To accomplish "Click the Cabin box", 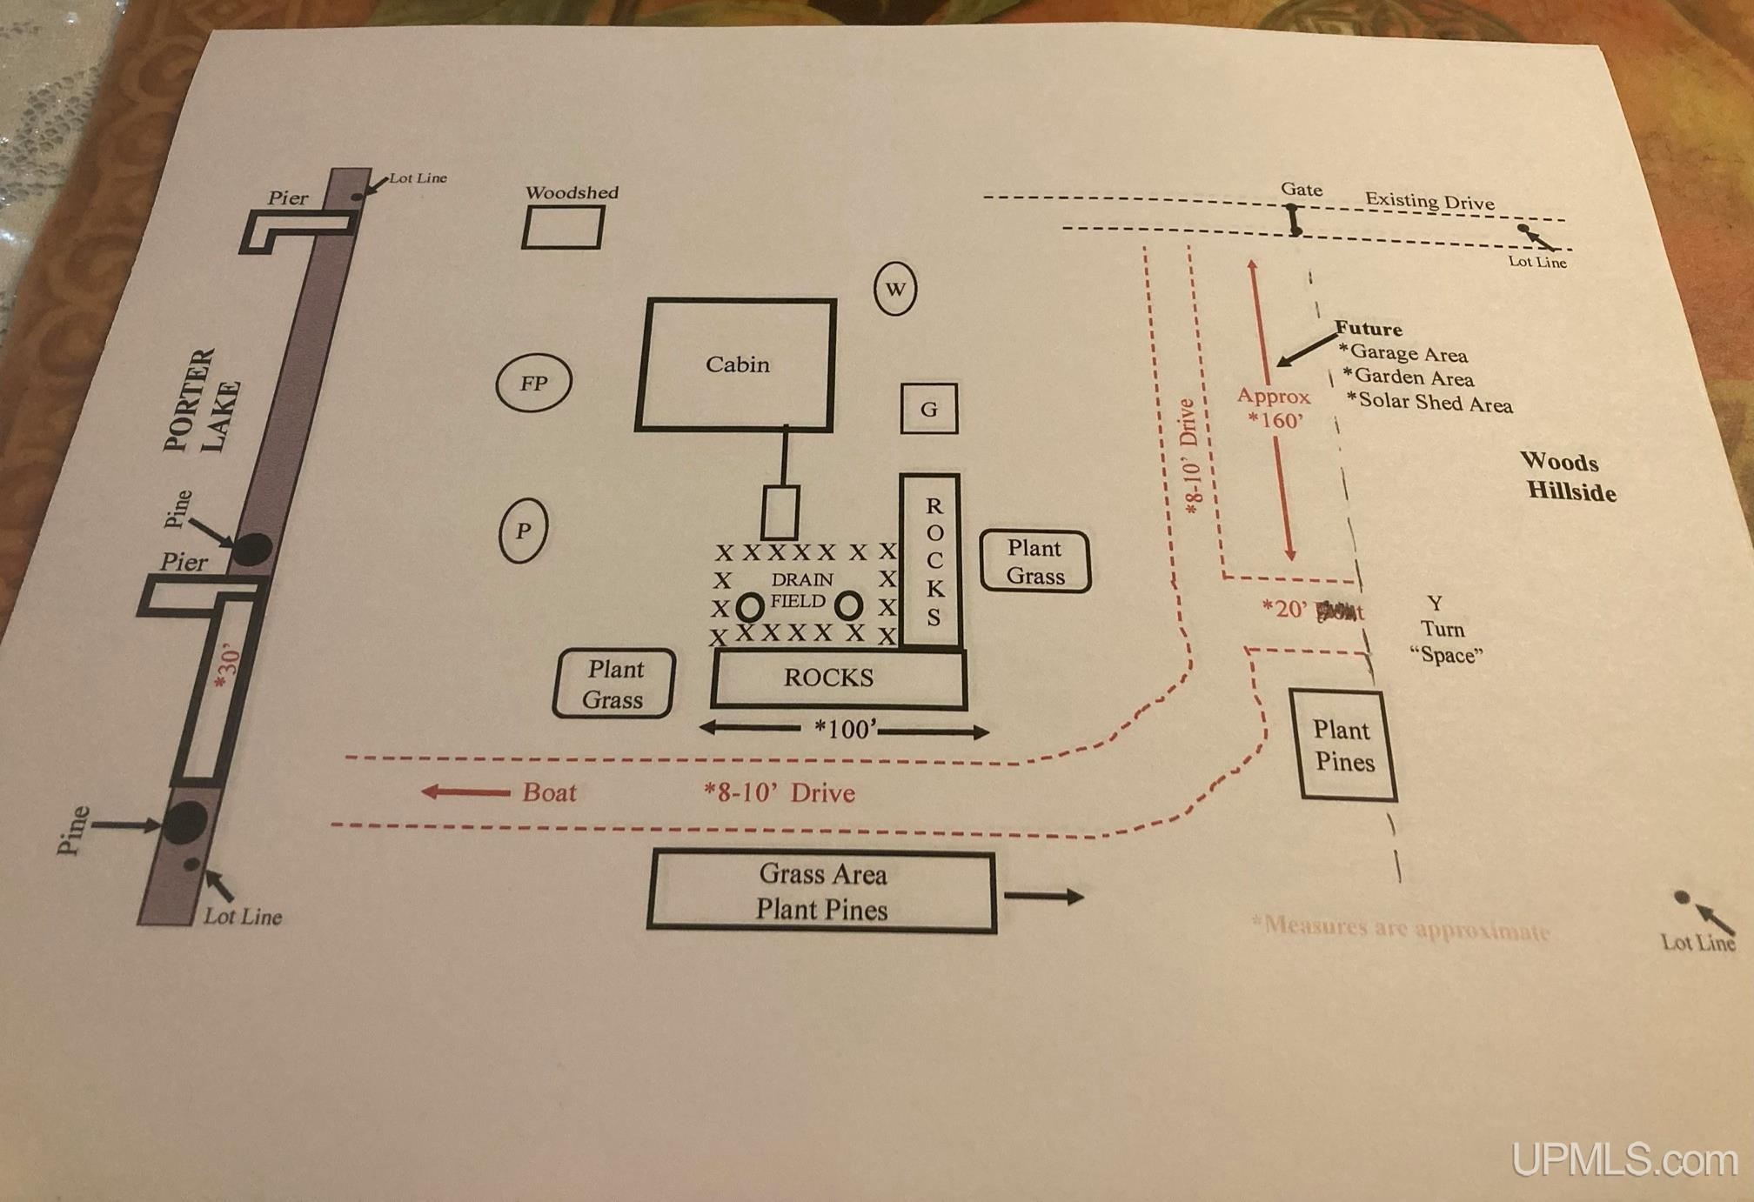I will click(x=736, y=364).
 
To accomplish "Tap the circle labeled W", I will click(x=895, y=289).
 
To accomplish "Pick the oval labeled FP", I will click(x=533, y=383).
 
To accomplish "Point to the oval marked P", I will click(x=523, y=531).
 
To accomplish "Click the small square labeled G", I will click(x=929, y=409).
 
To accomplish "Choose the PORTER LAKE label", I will click(x=201, y=401).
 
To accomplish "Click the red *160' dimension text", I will click(x=1275, y=420).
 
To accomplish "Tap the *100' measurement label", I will click(x=845, y=729).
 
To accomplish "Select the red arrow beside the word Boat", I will click(x=465, y=792).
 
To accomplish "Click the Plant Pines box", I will click(x=1343, y=746).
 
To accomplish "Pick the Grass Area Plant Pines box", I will click(x=822, y=891).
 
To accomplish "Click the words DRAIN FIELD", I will click(x=800, y=591).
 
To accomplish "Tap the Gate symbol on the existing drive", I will click(x=1294, y=219).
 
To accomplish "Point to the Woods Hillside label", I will click(x=1568, y=477).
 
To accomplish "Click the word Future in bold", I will click(x=1369, y=329).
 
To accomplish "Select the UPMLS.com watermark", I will click(x=1623, y=1160).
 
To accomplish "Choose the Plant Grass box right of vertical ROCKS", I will click(x=1035, y=562).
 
